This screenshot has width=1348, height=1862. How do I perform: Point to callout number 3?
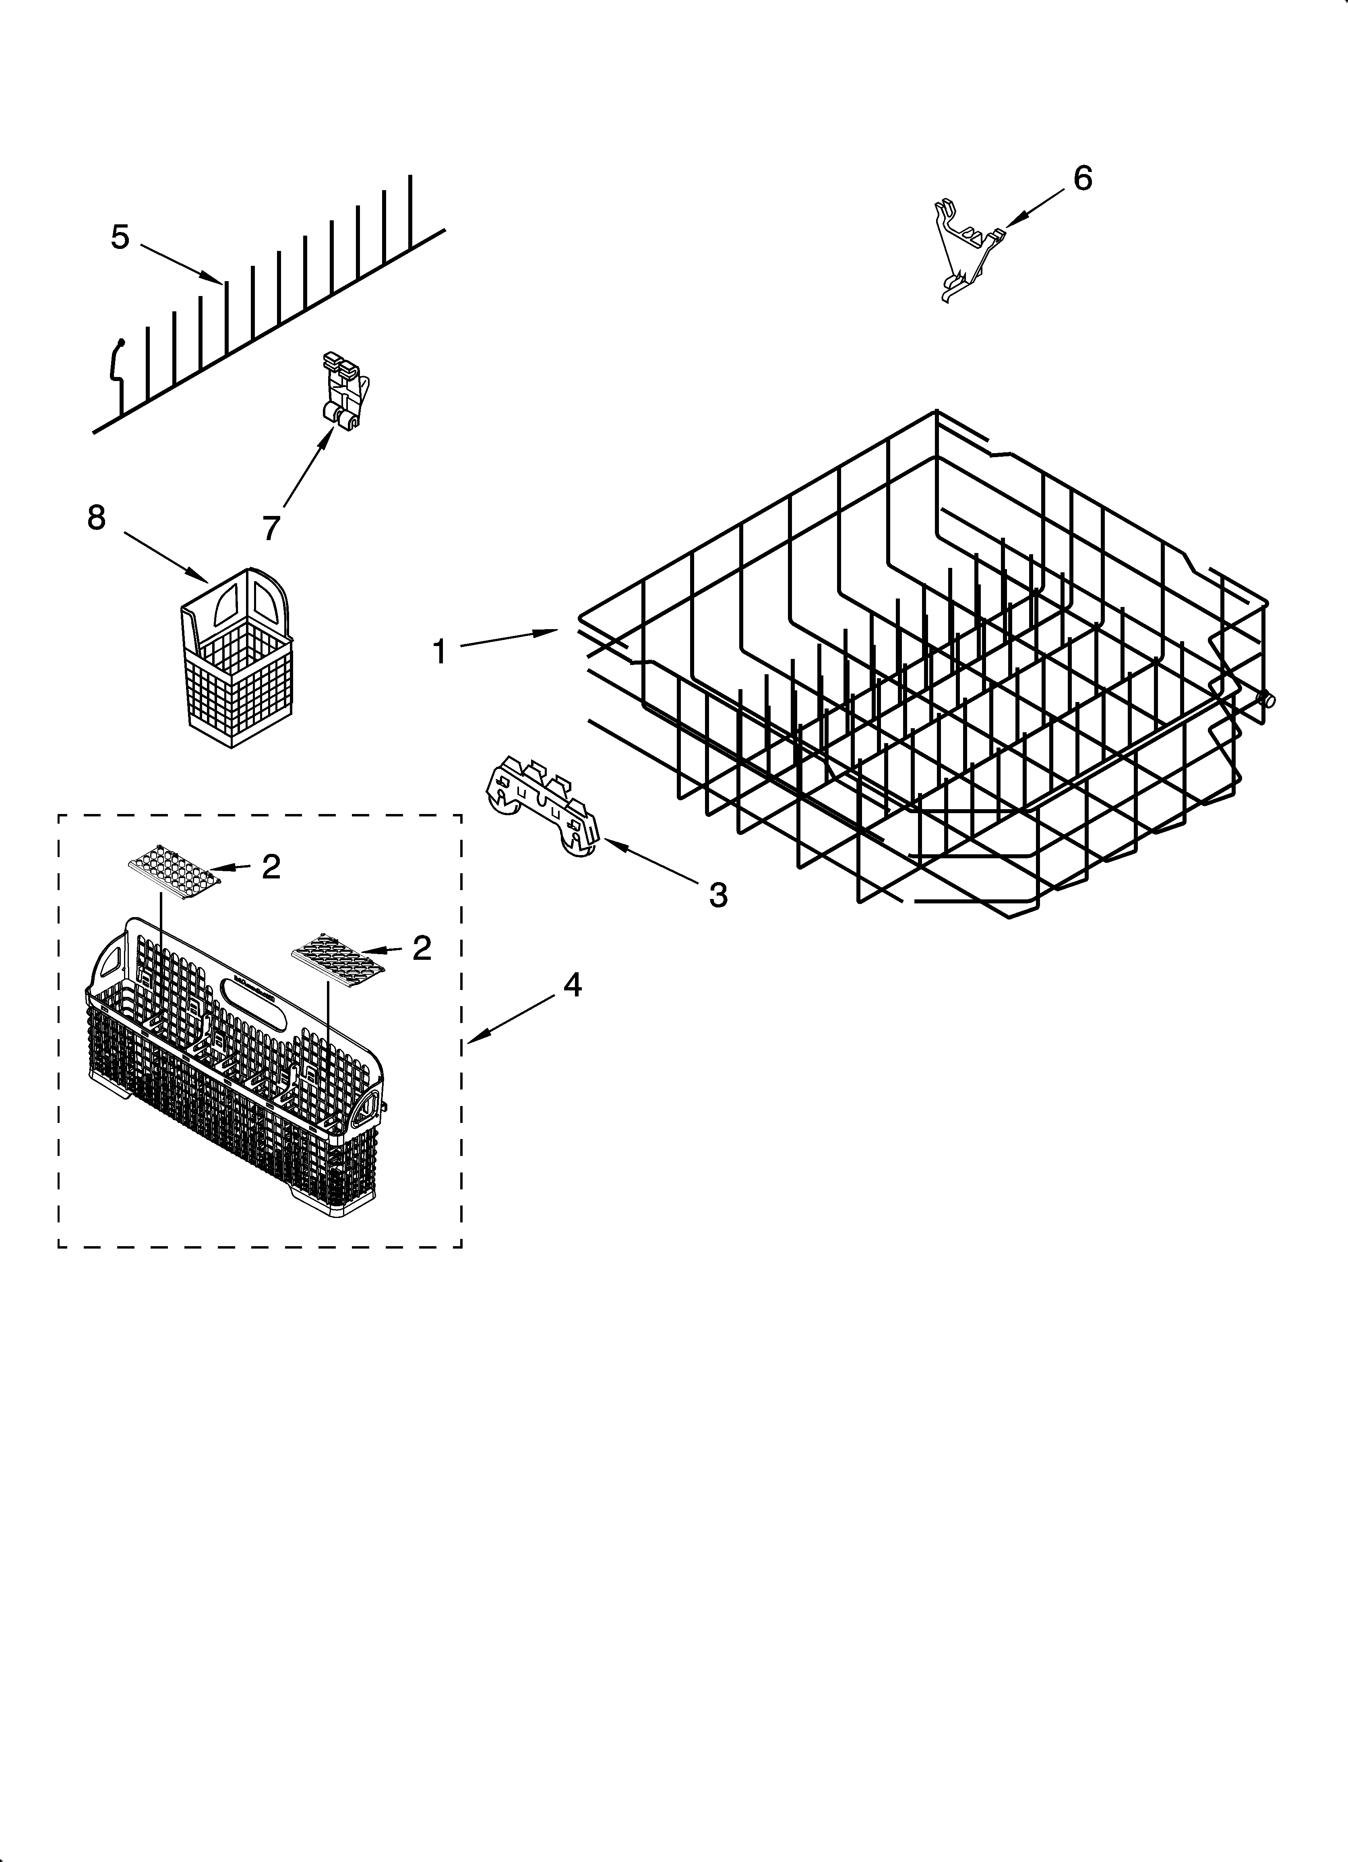(718, 895)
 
